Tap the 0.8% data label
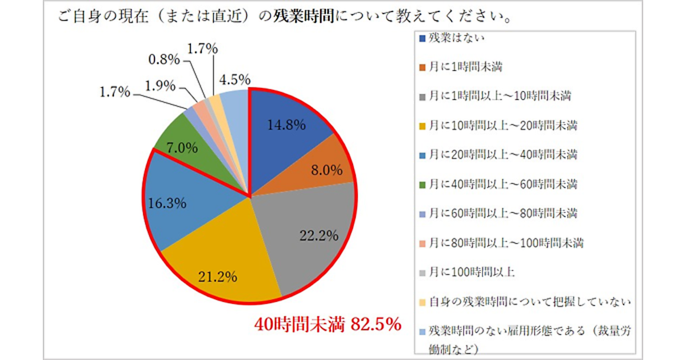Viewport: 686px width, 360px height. point(164,58)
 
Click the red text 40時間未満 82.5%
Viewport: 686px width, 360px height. point(327,324)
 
